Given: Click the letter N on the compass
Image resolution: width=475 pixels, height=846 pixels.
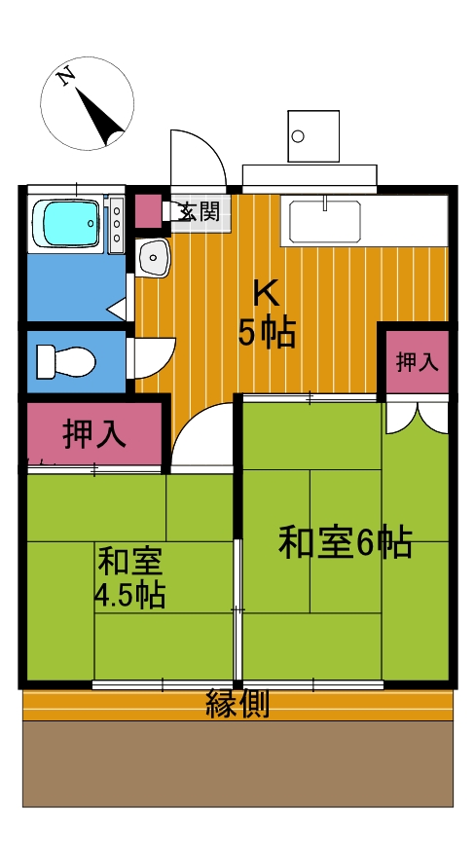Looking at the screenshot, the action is pos(67,78).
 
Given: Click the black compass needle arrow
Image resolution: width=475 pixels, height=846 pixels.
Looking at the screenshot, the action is pos(100,117).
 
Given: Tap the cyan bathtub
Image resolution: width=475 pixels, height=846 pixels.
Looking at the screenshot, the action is pos(66,222).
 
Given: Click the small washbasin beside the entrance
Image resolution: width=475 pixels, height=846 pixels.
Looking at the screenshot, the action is pos(152,257).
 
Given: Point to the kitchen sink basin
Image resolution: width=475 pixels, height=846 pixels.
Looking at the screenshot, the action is pos(325,221).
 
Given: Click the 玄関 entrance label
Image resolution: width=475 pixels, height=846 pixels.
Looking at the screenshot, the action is pos(200,211).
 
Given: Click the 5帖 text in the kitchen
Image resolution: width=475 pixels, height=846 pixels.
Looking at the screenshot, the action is pos(268,334).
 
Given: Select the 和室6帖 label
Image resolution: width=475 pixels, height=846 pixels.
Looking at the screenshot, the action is pos(346,542).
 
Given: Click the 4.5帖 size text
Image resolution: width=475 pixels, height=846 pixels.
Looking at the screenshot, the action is pos(129,594).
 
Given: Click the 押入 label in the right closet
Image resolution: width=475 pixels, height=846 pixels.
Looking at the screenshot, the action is pos(417,362).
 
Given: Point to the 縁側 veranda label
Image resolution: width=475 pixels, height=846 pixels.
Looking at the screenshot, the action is pos(237,704).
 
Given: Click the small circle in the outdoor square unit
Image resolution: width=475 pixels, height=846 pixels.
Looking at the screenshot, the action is pos(298,136).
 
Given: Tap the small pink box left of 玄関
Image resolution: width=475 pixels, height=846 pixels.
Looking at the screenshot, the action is pos(148,211).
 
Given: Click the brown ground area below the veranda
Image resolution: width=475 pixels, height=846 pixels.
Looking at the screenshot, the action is pos(237,763).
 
